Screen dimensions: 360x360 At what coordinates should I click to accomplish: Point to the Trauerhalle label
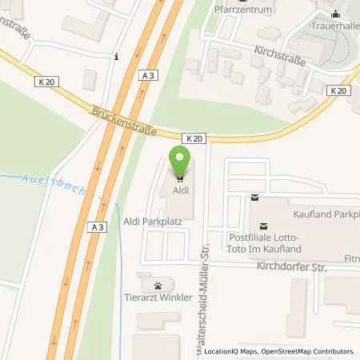point(334,26)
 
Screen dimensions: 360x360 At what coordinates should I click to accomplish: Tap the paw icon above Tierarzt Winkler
point(158,285)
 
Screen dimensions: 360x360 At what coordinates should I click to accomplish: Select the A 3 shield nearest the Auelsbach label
point(94,227)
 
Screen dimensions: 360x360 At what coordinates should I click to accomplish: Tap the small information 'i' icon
point(117,57)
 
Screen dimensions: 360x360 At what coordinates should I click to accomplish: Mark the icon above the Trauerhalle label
point(335,14)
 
